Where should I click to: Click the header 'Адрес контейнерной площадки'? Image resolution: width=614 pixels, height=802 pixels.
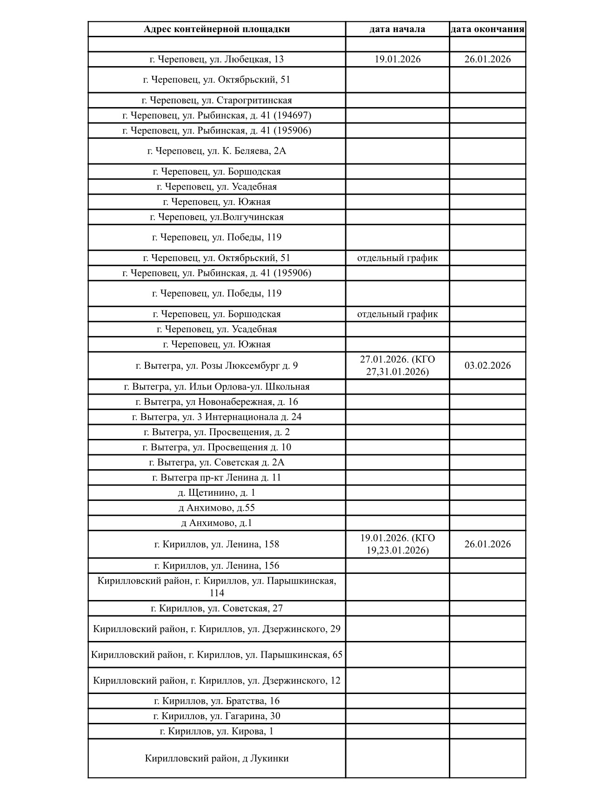point(217,29)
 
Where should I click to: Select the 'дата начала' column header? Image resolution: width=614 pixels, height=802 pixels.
point(397,29)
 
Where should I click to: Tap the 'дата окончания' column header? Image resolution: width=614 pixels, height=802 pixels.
point(487,29)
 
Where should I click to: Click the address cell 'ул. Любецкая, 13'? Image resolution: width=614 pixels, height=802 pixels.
point(217,59)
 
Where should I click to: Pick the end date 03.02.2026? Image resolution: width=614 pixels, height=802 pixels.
point(487,365)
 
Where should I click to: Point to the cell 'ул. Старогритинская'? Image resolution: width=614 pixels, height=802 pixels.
point(217,100)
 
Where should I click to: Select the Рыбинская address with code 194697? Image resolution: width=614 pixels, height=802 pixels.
point(217,115)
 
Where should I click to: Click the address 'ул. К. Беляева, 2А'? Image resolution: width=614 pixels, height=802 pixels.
point(217,151)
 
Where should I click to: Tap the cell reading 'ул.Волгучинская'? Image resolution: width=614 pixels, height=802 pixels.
point(217,217)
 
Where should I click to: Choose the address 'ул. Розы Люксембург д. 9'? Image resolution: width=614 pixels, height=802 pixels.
point(217,365)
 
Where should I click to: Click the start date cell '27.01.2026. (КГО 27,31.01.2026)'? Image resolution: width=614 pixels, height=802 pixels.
point(397,365)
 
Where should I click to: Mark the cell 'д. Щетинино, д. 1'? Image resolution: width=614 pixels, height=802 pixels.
point(217,492)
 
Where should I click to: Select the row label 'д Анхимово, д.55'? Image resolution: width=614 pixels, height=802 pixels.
point(217,508)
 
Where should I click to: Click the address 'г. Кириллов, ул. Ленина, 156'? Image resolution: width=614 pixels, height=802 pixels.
point(217,566)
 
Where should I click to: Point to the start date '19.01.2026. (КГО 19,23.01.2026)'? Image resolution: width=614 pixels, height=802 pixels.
point(397,544)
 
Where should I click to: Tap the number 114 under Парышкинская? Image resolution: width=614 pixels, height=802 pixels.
point(217,593)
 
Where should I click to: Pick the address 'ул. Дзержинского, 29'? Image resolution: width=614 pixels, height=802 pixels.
point(217,629)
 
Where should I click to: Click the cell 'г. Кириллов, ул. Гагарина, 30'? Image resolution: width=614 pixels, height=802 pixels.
point(217,716)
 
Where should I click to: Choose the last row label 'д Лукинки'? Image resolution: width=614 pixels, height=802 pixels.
point(217,758)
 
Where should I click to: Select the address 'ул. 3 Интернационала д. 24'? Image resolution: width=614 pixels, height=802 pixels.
point(217,417)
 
